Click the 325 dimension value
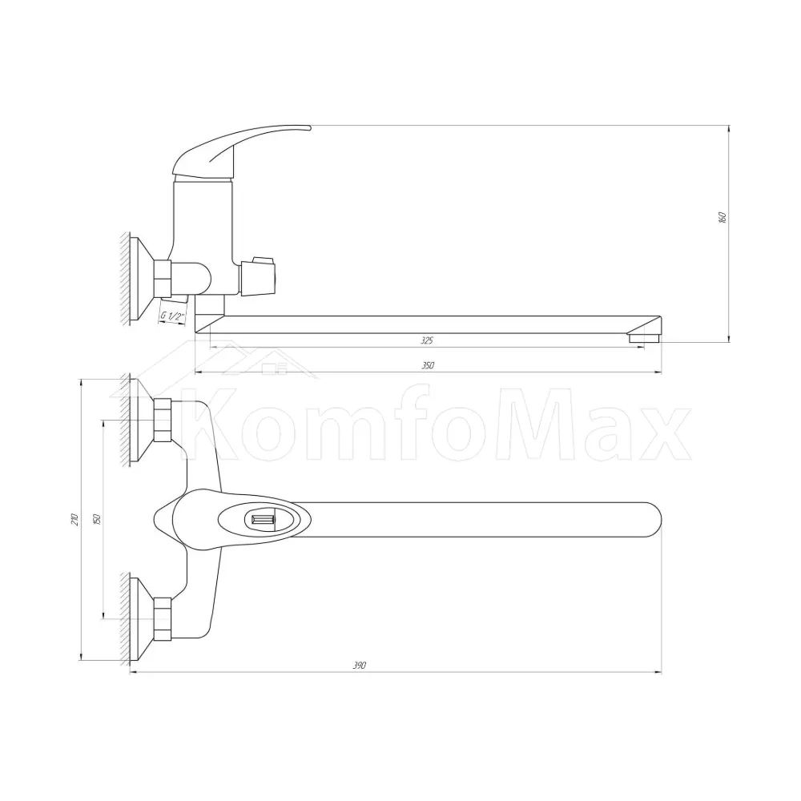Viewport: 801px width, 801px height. pyautogui.click(x=427, y=340)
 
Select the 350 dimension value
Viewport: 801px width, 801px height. pyautogui.click(x=428, y=365)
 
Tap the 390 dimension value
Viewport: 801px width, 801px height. pyautogui.click(x=360, y=666)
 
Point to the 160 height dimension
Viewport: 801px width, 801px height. pyautogui.click(x=722, y=217)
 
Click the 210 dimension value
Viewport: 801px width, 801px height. pyautogui.click(x=74, y=520)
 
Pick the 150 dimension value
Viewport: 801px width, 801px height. pyautogui.click(x=98, y=519)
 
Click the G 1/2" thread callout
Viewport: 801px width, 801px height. pyautogui.click(x=172, y=316)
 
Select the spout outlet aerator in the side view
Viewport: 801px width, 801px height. pyautogui.click(x=644, y=338)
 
